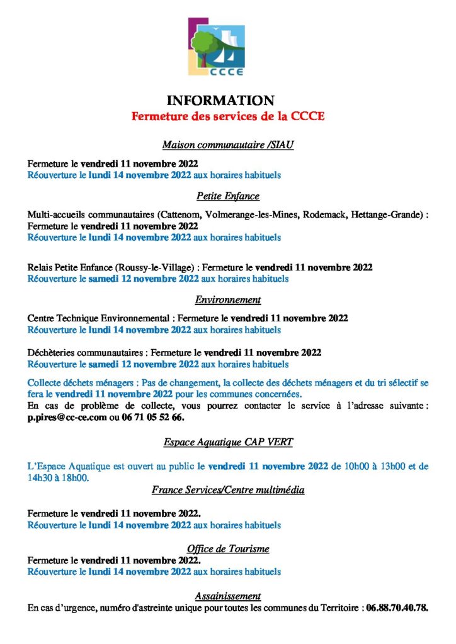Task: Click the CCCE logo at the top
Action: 216,47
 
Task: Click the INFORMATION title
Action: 220,101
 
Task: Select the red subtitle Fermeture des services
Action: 227,116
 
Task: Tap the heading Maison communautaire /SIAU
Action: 228,145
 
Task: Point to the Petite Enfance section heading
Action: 228,196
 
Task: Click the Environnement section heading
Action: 228,300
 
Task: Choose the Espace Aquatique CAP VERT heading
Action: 228,442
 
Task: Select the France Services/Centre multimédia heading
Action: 228,490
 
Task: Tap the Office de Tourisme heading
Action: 228,548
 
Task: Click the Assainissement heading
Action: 228,596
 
